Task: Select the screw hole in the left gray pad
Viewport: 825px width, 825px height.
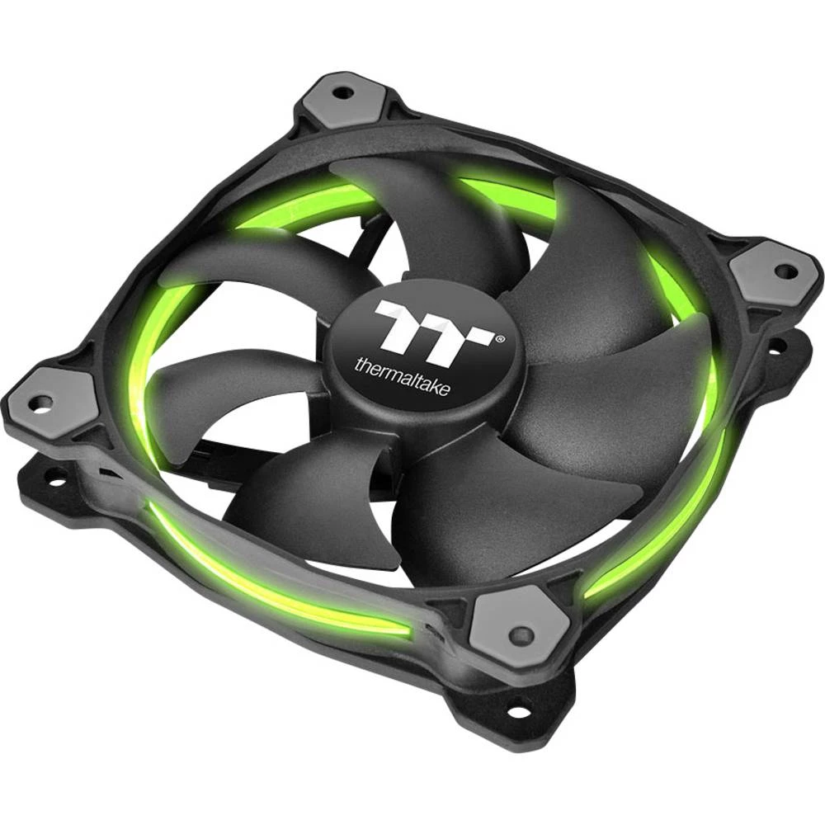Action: (x=43, y=402)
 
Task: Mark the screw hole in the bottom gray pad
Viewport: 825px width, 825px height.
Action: (x=521, y=634)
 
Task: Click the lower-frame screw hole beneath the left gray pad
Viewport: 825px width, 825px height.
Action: (x=55, y=476)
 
